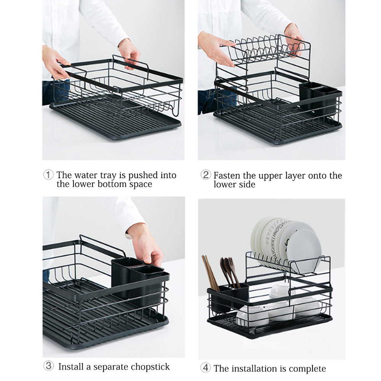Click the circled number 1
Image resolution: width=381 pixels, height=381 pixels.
tap(48, 175)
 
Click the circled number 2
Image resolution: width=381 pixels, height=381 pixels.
tap(206, 175)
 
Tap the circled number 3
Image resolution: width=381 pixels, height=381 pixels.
tap(48, 366)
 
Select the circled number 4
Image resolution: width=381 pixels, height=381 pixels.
tap(206, 368)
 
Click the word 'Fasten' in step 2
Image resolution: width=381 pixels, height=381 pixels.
tap(227, 175)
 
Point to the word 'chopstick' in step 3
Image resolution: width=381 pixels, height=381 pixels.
tap(150, 367)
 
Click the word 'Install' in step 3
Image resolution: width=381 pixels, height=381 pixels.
tap(71, 367)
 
